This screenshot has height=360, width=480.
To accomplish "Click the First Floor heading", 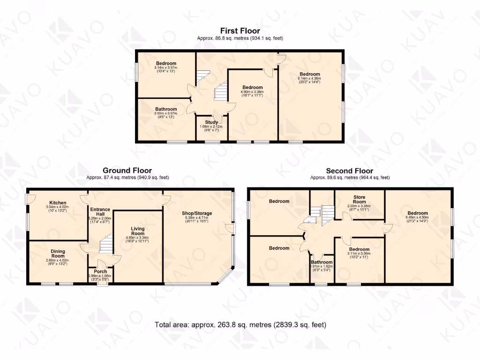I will (240, 31).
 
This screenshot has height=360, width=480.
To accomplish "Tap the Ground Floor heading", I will (127, 171).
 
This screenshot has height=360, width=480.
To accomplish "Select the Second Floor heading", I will (349, 171).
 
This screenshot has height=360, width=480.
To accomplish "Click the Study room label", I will (211, 122).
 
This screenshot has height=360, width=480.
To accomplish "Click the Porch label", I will (100, 271).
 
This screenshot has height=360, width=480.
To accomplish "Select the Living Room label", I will (137, 231).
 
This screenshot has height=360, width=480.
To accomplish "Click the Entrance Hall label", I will (100, 212).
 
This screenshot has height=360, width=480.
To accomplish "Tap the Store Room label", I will (359, 199).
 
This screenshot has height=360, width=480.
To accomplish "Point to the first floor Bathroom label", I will (166, 109).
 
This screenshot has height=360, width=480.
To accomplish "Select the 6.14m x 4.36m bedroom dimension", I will (310, 80).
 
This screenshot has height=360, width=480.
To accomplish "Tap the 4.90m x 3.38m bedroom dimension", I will (253, 93).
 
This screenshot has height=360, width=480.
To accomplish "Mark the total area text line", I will (240, 324).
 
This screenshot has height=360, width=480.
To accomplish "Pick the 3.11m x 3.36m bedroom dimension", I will (360, 255).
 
